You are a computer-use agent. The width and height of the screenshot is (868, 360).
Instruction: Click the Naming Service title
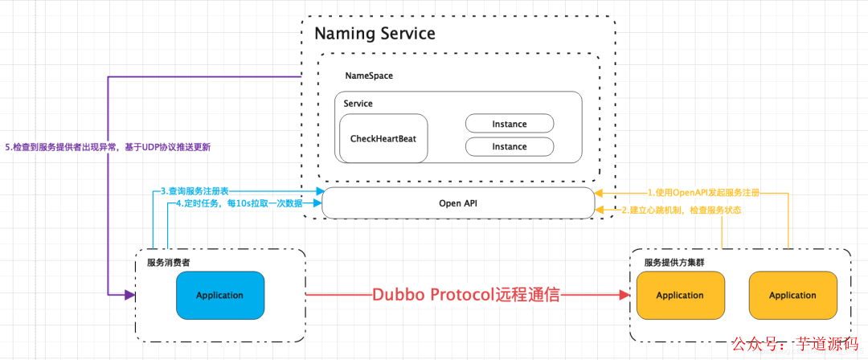pyautogui.click(x=375, y=33)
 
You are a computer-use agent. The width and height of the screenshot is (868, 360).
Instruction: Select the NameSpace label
pyautogui.click(x=369, y=76)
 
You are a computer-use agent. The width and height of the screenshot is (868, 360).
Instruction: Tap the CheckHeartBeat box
pyautogui.click(x=383, y=138)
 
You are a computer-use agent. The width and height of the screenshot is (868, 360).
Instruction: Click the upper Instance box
pyautogui.click(x=510, y=124)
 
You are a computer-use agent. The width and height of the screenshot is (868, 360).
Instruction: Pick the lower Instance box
pyautogui.click(x=510, y=147)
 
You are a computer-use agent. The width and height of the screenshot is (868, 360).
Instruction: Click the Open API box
pyautogui.click(x=458, y=203)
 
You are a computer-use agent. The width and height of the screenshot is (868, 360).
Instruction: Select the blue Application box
pyautogui.click(x=219, y=295)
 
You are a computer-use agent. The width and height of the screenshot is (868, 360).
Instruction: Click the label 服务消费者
pyautogui.click(x=168, y=263)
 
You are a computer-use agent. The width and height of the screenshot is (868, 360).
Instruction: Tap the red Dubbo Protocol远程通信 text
pyautogui.click(x=467, y=295)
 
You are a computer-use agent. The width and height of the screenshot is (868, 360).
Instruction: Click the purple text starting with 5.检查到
pyautogui.click(x=108, y=148)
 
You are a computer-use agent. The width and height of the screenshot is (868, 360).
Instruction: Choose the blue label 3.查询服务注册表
pyautogui.click(x=194, y=191)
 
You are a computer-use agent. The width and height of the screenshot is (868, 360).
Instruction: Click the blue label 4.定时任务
pyautogui.click(x=240, y=203)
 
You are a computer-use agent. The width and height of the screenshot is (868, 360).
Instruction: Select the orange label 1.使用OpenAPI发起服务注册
pyautogui.click(x=703, y=193)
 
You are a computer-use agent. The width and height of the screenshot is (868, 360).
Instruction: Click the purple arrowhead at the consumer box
pyautogui.click(x=130, y=295)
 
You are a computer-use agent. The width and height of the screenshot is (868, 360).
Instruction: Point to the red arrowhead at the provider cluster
pyautogui.click(x=624, y=295)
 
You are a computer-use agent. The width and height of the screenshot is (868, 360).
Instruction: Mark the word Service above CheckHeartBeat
pyautogui.click(x=358, y=104)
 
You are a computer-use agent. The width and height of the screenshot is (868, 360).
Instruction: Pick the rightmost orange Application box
pyautogui.click(x=792, y=295)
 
